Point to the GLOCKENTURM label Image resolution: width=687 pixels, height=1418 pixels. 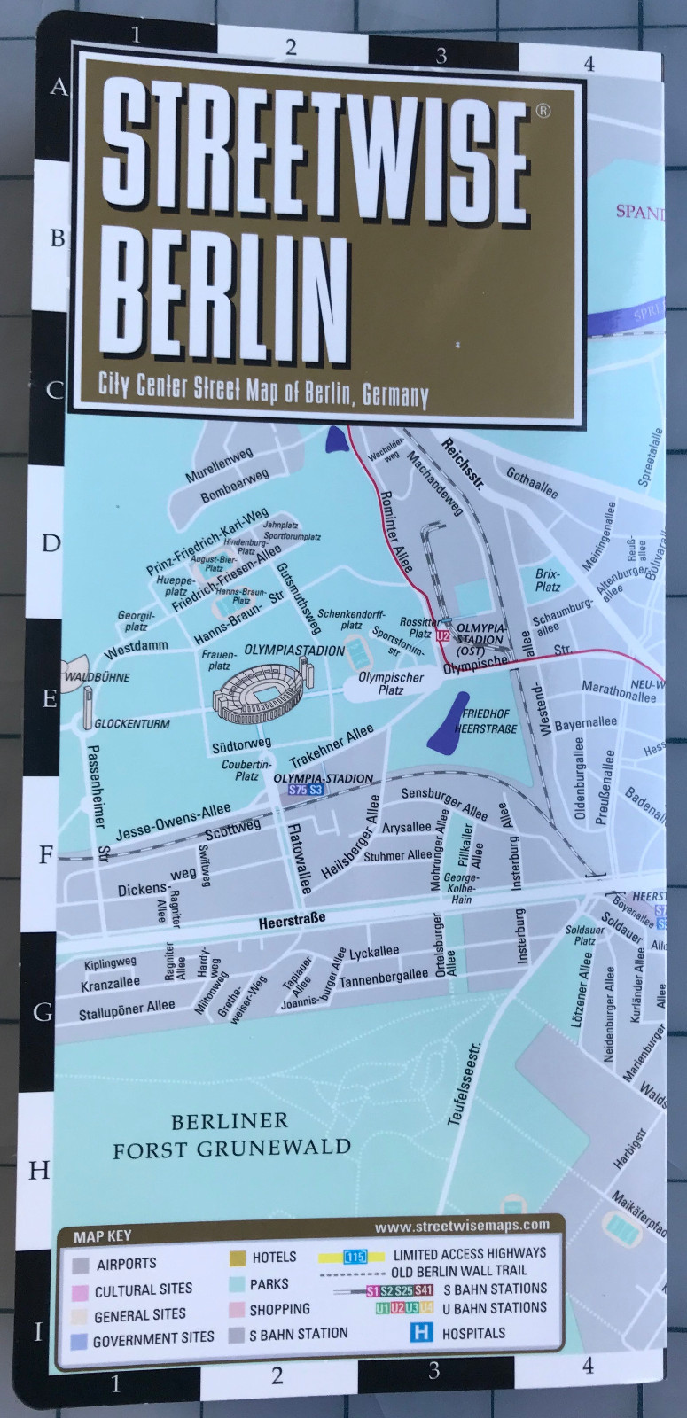click(x=131, y=723)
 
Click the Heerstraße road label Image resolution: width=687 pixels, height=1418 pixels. click(x=292, y=921)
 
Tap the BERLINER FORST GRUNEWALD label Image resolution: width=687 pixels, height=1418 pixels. click(x=231, y=1135)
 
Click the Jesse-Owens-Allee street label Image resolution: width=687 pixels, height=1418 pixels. click(x=173, y=821)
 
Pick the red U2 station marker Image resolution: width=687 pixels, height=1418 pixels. click(x=442, y=635)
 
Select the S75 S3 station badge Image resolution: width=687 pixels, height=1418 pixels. click(x=306, y=790)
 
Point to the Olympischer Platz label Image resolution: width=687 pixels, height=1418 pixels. click(x=391, y=683)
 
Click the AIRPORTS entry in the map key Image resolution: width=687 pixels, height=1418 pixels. click(x=126, y=1264)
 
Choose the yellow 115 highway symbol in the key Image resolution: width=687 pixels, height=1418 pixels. click(x=355, y=1256)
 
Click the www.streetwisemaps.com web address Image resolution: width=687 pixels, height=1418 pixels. click(x=461, y=1226)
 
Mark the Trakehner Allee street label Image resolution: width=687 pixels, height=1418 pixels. click(x=332, y=746)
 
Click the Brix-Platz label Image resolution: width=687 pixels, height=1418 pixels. click(x=547, y=580)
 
